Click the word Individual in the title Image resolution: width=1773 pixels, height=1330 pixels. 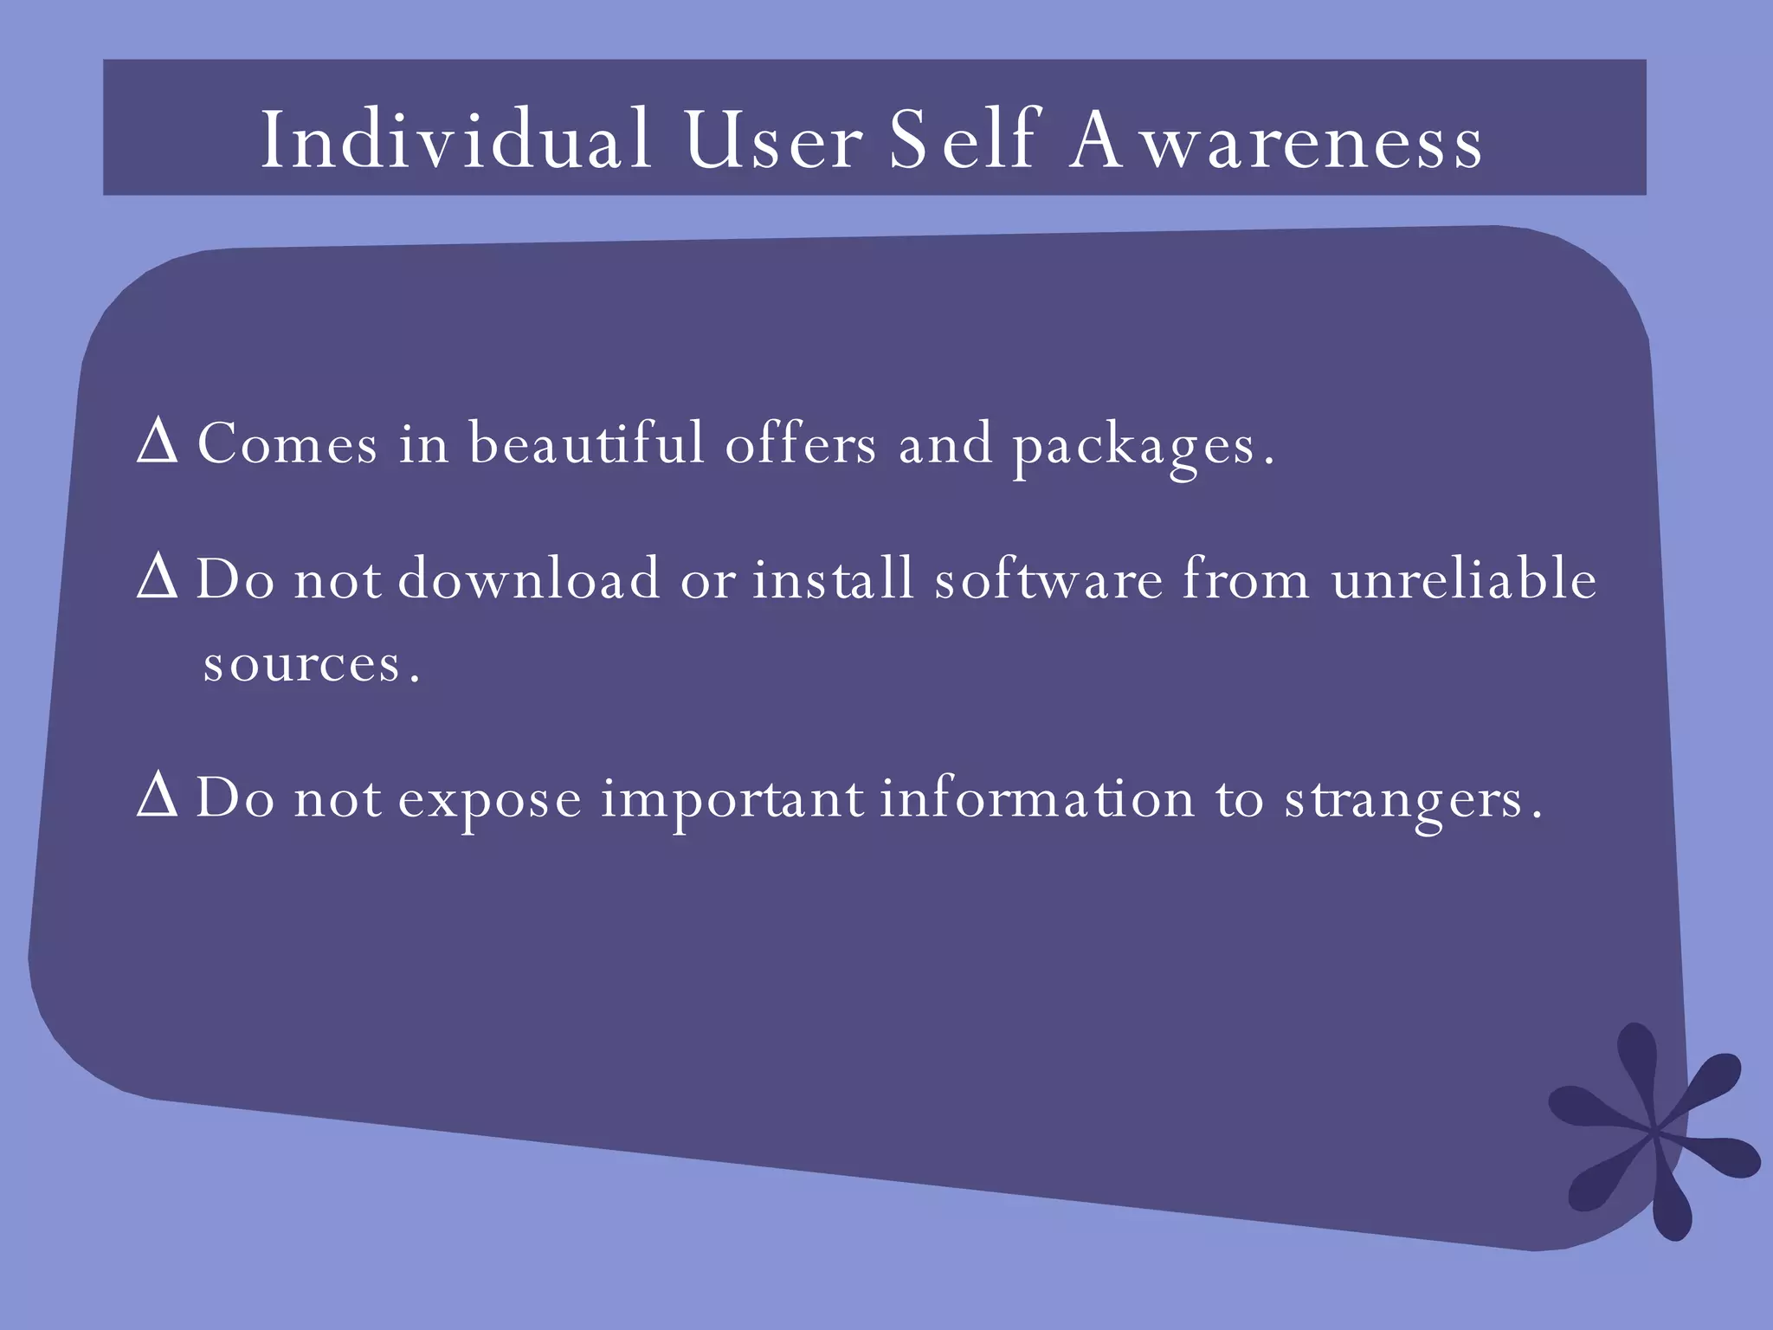click(456, 140)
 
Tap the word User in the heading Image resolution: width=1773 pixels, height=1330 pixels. click(773, 140)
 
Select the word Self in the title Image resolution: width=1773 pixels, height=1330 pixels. click(964, 140)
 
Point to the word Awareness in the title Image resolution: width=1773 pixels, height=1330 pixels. click(1276, 140)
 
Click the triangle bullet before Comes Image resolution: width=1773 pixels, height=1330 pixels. click(157, 443)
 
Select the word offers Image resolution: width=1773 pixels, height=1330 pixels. click(801, 443)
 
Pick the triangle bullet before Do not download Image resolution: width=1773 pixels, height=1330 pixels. click(157, 579)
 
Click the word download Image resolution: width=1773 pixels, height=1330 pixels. click(528, 579)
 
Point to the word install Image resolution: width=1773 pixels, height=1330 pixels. click(833, 579)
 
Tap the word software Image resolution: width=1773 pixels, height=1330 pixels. click(1048, 579)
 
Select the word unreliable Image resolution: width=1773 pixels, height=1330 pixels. click(1464, 579)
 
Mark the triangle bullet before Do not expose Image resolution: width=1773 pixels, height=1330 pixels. click(157, 797)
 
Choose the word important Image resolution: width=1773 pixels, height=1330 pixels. click(732, 799)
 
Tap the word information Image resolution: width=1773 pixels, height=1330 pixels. click(1037, 797)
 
